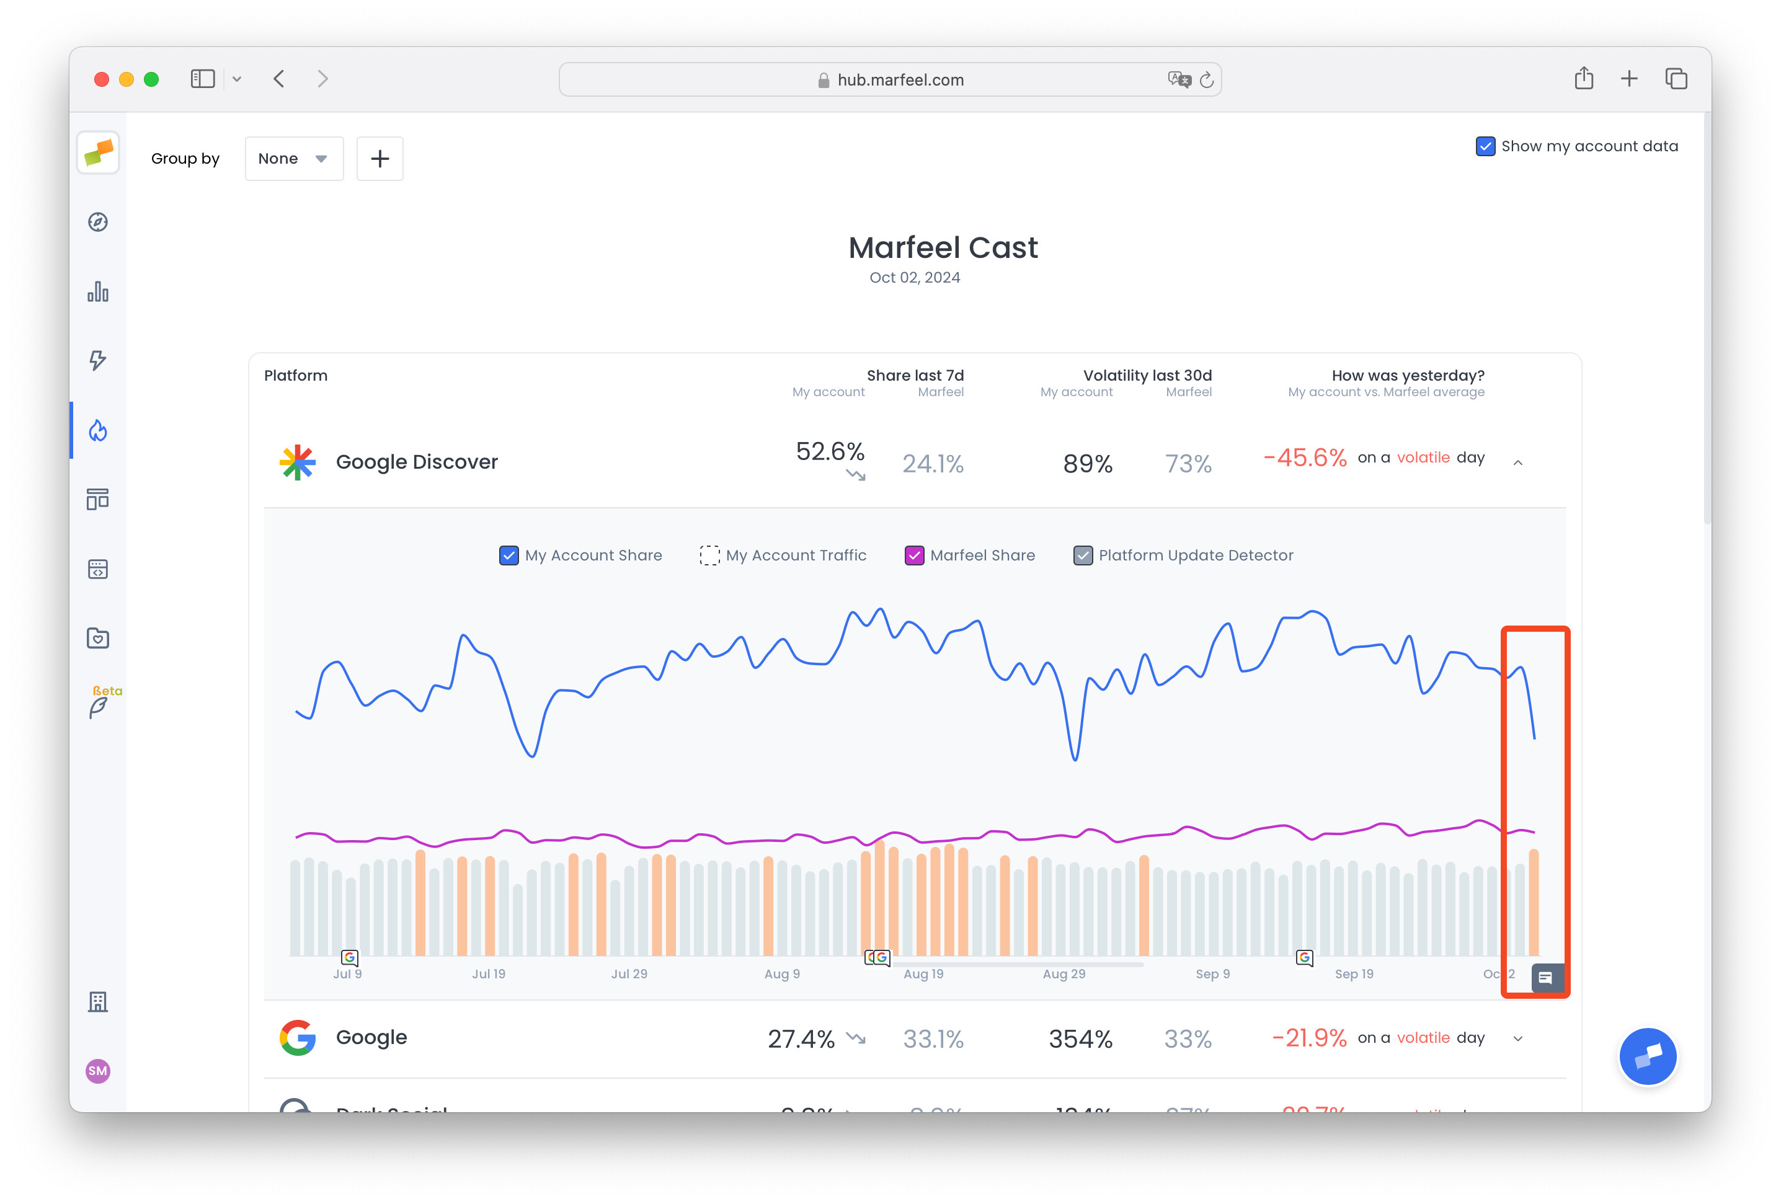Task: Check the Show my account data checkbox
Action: point(1485,146)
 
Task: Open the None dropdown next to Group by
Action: point(293,159)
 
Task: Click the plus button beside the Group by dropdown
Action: point(380,159)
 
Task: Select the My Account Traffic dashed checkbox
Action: point(709,556)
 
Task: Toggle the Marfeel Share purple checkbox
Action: point(913,556)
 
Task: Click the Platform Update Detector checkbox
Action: point(1082,556)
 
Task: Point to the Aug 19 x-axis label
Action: point(923,974)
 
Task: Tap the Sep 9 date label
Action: point(1212,974)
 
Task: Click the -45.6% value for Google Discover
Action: point(1304,458)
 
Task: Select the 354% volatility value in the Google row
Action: point(1080,1038)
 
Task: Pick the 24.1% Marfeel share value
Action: point(932,464)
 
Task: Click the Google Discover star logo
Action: point(297,462)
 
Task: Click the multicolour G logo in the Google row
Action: point(297,1038)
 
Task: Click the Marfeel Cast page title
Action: point(943,247)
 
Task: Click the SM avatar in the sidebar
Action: point(98,1071)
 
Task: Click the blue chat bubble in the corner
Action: point(1648,1056)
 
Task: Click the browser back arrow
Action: point(279,79)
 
